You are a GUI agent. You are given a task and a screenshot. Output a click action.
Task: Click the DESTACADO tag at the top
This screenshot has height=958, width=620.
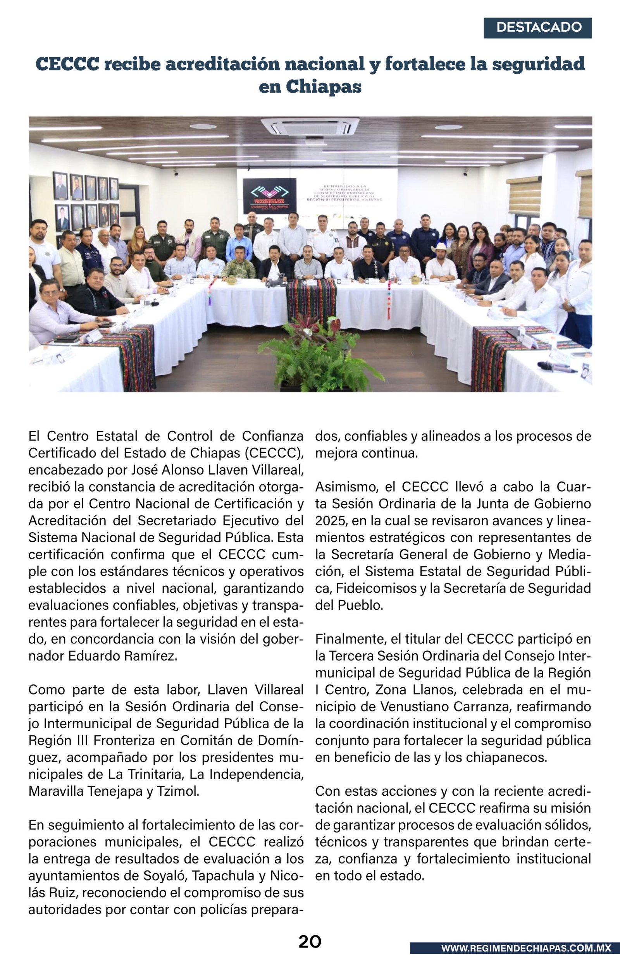pos(537,28)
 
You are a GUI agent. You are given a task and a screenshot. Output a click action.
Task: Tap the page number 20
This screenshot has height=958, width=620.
pos(310,941)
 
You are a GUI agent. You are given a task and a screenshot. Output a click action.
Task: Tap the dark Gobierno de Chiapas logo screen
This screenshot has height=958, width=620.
pos(269,196)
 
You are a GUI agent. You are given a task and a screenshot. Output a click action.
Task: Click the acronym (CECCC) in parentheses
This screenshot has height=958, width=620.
pos(274,453)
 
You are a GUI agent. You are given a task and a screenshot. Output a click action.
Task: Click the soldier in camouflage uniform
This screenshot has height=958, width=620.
pos(239,263)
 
